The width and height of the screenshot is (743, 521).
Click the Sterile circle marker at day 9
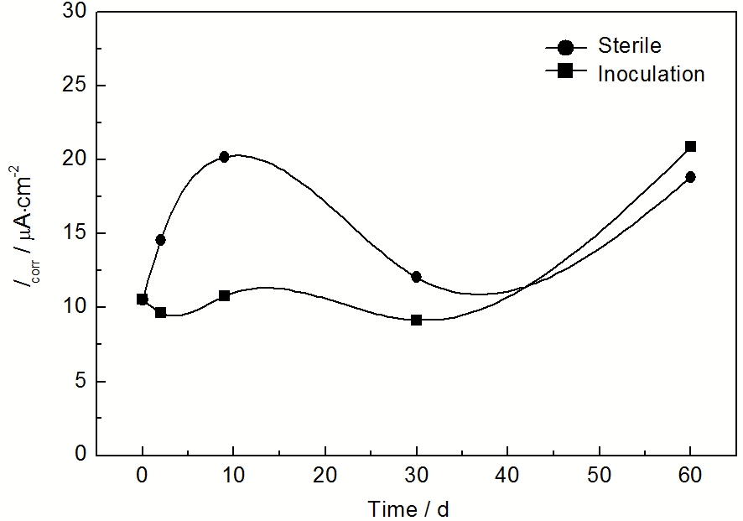point(224,157)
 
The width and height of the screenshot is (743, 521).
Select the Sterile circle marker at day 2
point(160,240)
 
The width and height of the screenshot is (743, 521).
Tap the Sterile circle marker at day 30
point(416,277)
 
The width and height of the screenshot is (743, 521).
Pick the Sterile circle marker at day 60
point(690,177)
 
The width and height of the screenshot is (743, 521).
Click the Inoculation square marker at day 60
point(691,147)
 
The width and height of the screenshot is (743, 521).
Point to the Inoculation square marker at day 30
point(416,320)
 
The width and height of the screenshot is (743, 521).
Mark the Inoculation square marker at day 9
point(224,296)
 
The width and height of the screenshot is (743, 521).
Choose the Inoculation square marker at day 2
point(160,313)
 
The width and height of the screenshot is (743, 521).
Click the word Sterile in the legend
point(629,45)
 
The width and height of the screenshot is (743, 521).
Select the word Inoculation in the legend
point(651,74)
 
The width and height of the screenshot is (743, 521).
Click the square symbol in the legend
point(565,72)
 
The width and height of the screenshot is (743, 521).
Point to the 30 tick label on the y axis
point(73,12)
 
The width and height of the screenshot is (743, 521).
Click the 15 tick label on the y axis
point(73,233)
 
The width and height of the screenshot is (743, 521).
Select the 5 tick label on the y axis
point(78,381)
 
